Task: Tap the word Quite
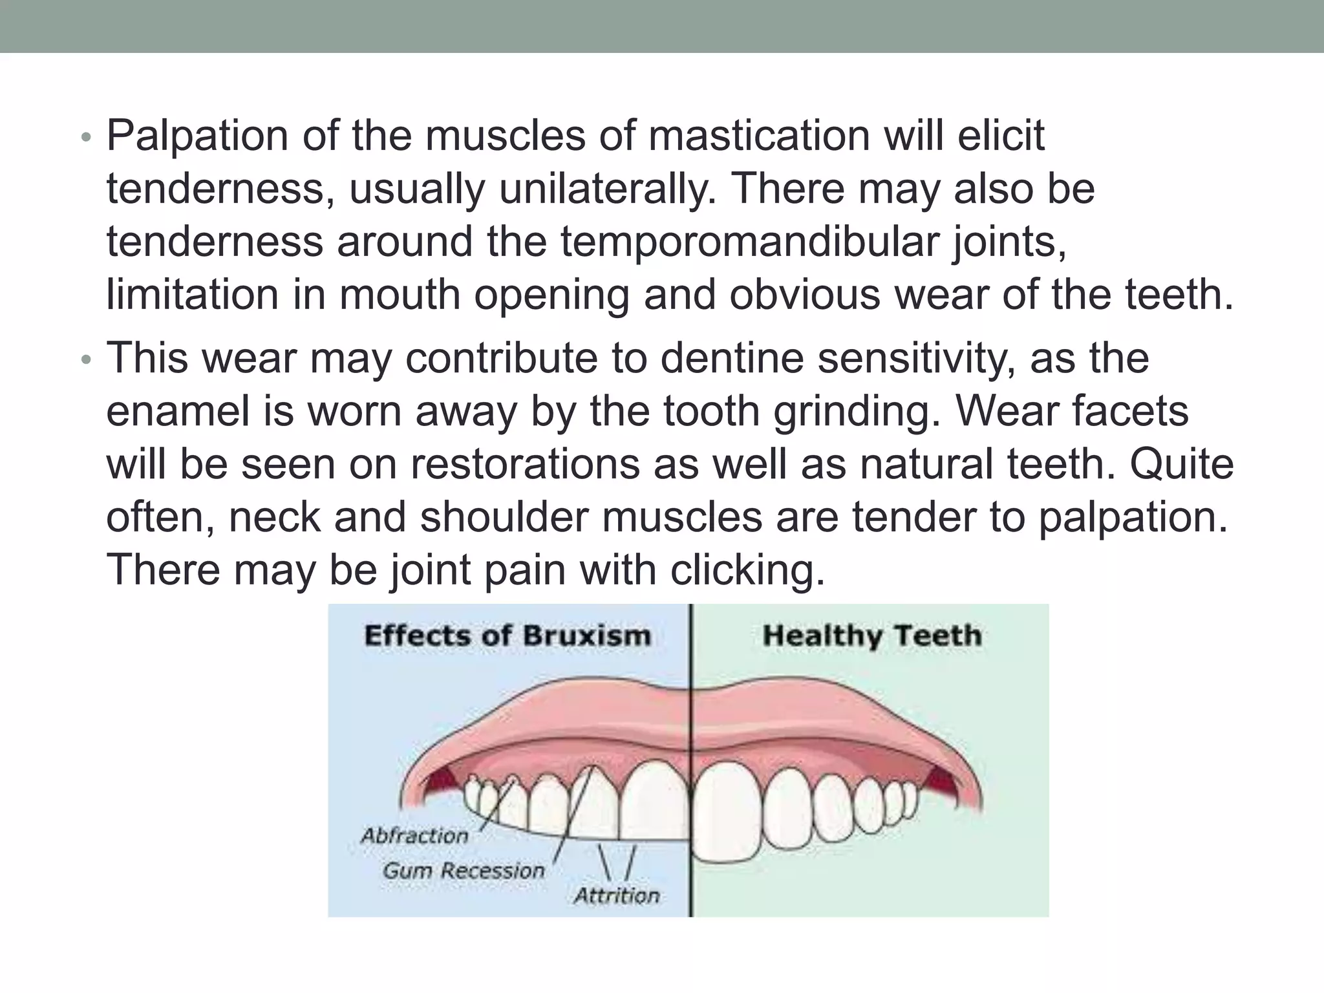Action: coord(1182,465)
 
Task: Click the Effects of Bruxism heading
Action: coord(507,636)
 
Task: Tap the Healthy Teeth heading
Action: coord(872,636)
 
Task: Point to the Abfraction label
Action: coord(414,836)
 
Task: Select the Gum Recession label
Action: coord(464,871)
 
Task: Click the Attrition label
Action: coord(617,896)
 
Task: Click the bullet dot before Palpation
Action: coord(87,138)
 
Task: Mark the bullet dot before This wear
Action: coord(87,360)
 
